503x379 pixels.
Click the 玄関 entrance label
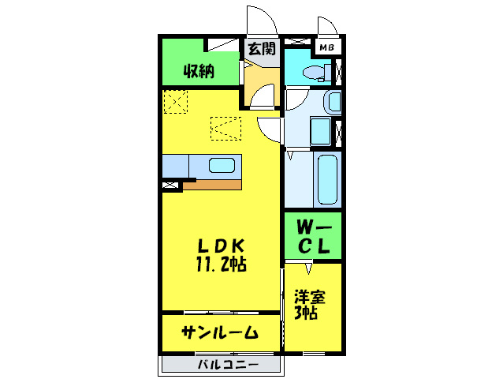(262, 49)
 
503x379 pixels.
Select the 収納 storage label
(199, 71)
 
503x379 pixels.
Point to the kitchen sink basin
(222, 166)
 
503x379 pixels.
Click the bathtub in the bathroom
(327, 178)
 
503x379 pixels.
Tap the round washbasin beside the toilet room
(333, 102)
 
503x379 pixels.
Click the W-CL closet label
(312, 235)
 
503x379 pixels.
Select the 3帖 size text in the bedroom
(307, 313)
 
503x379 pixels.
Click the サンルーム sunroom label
(220, 332)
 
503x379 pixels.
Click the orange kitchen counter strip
(211, 185)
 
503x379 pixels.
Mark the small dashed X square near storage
(175, 101)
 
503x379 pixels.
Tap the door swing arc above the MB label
(326, 25)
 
